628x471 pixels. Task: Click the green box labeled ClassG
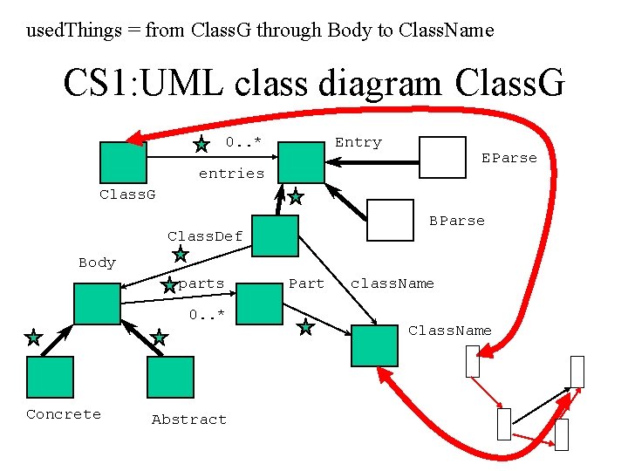click(x=123, y=162)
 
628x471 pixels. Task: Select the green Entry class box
click(x=301, y=162)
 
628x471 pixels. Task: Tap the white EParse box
click(x=442, y=157)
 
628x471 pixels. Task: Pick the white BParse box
click(x=390, y=221)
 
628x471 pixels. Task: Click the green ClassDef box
click(x=275, y=235)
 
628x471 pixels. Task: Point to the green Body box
click(x=98, y=304)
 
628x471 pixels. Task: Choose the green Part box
click(x=260, y=304)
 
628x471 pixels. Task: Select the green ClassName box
click(x=374, y=345)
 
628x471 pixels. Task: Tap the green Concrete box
click(x=50, y=377)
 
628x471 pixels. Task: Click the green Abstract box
click(x=171, y=377)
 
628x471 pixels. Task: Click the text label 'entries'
click(x=231, y=174)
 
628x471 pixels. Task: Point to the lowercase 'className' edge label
click(x=392, y=283)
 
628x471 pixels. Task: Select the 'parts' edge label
click(x=201, y=284)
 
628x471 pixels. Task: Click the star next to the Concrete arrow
click(x=34, y=338)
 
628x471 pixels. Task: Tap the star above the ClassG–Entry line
click(x=201, y=144)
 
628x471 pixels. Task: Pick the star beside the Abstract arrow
click(x=159, y=338)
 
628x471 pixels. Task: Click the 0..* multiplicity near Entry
click(x=243, y=141)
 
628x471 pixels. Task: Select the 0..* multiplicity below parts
click(x=207, y=314)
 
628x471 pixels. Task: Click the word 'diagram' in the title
click(x=379, y=83)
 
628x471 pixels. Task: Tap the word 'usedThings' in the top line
click(x=74, y=31)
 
